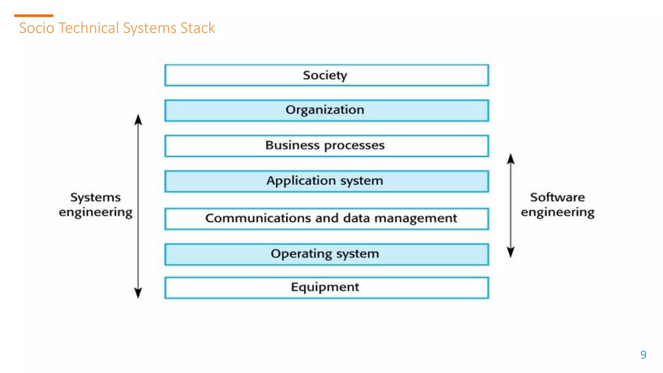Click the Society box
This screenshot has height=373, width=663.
point(326,75)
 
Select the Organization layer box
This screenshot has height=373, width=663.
point(326,110)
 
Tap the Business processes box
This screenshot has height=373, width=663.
point(326,146)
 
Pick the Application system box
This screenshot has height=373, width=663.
point(326,181)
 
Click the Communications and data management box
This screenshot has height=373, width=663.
point(326,219)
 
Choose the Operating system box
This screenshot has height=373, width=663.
point(326,254)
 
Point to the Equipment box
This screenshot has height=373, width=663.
point(326,288)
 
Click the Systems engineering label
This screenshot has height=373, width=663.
point(96,205)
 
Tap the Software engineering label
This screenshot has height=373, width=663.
point(557,205)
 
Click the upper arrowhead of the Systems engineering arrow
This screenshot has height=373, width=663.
point(138,120)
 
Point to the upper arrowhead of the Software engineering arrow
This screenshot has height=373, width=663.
point(511,159)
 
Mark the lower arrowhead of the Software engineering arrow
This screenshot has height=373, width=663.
point(511,252)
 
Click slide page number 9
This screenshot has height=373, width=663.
point(643,355)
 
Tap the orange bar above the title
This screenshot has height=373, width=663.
point(34,16)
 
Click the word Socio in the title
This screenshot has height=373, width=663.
point(37,28)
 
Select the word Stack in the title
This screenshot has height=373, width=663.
point(197,28)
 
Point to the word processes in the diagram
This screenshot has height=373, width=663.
point(354,146)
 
